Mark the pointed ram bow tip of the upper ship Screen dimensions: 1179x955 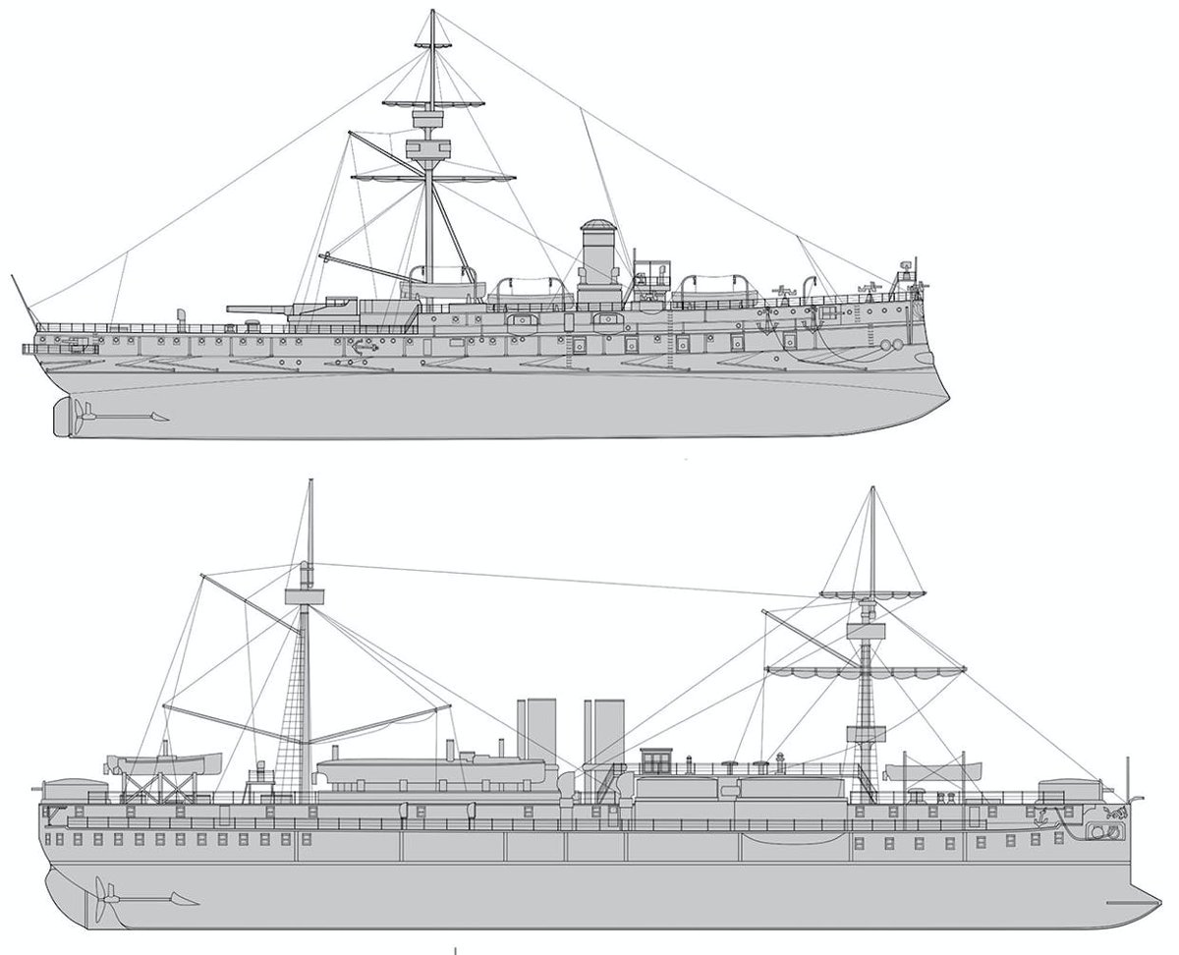coord(947,397)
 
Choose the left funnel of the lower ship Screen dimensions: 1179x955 coord(535,732)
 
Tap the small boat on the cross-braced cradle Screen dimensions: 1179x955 coord(164,762)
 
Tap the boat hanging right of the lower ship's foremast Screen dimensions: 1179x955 coord(931,770)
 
